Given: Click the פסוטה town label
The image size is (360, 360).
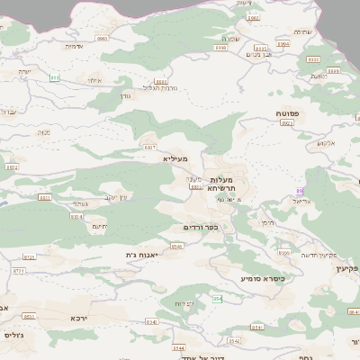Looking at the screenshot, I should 289,113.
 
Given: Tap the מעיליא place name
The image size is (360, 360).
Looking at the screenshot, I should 176,159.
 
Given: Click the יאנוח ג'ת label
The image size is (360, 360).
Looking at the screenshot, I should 143,256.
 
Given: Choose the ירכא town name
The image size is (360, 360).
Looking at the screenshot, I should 80,318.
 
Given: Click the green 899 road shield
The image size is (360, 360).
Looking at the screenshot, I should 55,77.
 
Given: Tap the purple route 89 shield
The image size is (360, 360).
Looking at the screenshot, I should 300,192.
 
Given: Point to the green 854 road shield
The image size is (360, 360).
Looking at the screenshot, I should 217,298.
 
